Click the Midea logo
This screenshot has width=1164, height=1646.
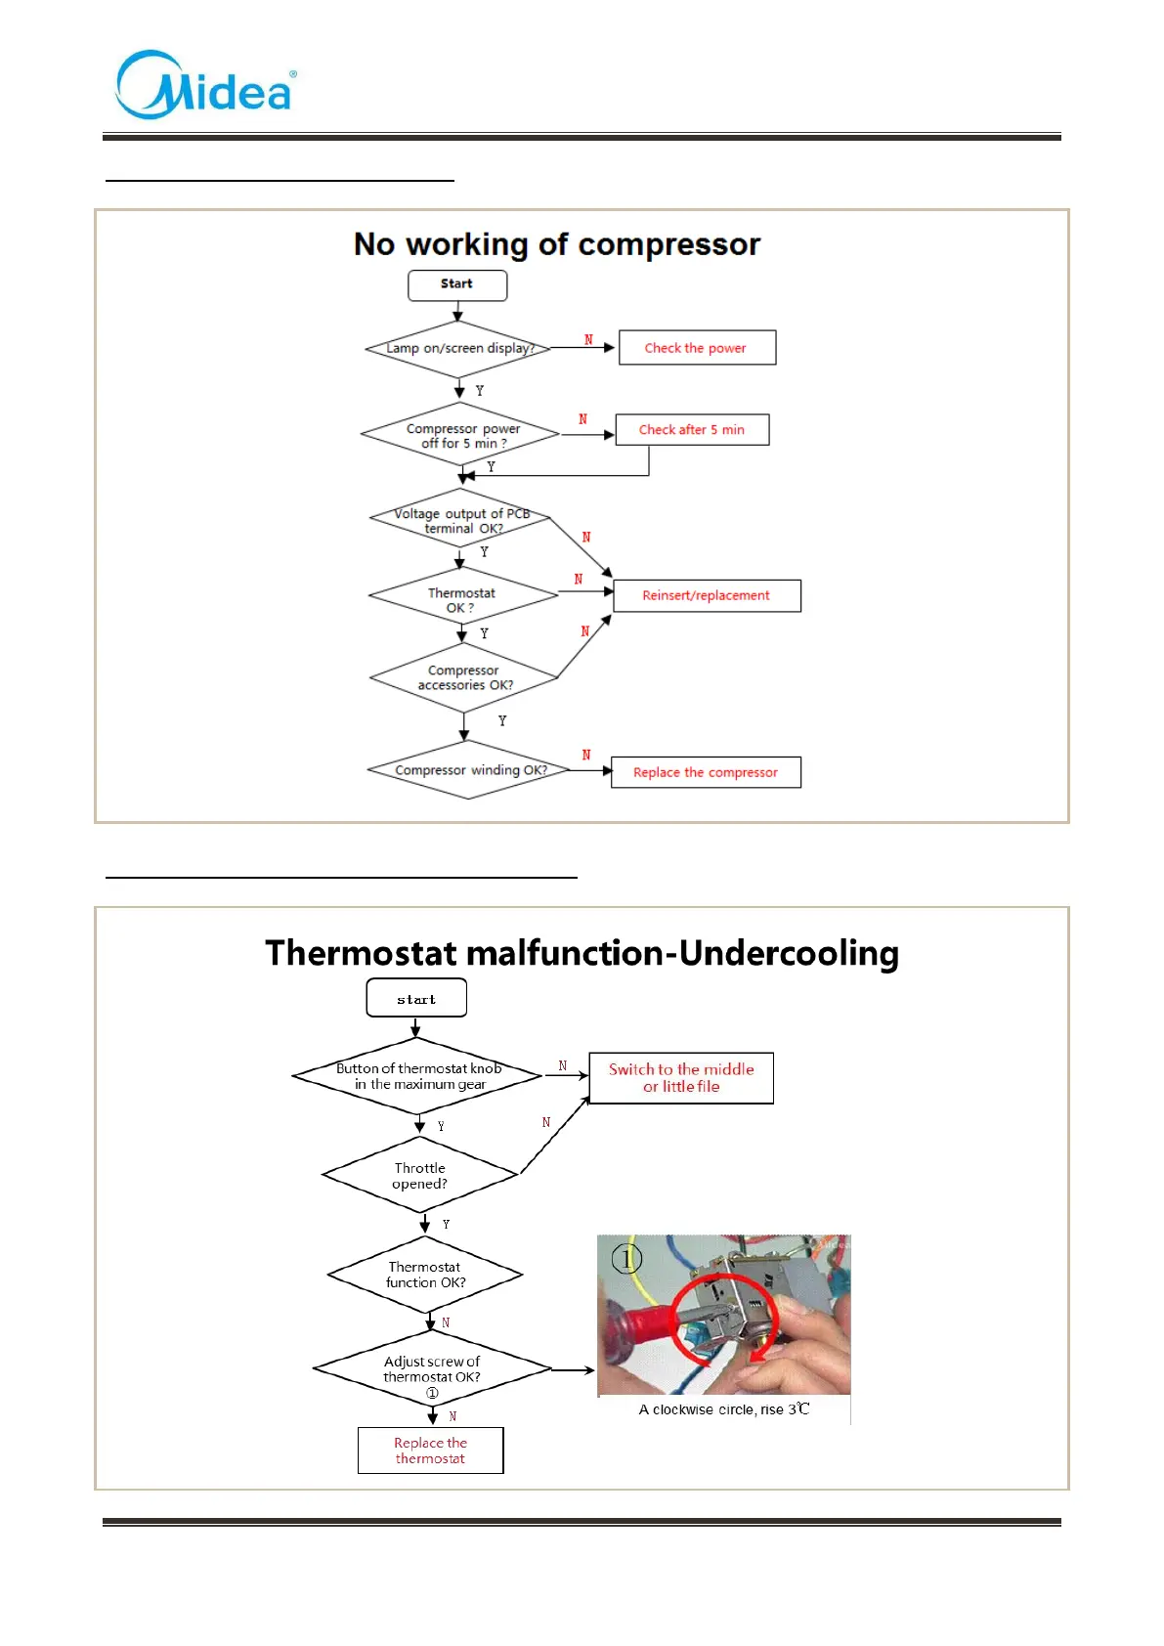(x=205, y=86)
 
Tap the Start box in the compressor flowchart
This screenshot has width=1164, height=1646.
(x=457, y=284)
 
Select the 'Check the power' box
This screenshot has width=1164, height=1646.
(x=697, y=348)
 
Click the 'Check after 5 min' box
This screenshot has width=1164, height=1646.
(x=692, y=430)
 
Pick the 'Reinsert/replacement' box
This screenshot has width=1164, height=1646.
(x=707, y=595)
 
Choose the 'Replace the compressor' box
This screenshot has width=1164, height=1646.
(x=706, y=772)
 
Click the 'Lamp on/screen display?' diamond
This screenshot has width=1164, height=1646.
(x=458, y=348)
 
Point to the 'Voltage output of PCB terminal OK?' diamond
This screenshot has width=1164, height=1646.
(x=461, y=520)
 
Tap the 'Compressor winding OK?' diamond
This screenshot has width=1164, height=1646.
(x=469, y=770)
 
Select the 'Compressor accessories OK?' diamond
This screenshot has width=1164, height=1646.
(x=464, y=677)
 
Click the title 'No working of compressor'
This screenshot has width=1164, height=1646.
(x=557, y=244)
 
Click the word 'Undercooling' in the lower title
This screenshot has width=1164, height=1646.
(x=789, y=953)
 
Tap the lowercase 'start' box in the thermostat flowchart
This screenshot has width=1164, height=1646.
(x=416, y=999)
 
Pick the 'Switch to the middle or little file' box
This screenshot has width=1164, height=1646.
(x=681, y=1078)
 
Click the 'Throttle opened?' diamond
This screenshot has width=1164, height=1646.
(x=420, y=1176)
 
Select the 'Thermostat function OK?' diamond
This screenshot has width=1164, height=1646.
(x=425, y=1275)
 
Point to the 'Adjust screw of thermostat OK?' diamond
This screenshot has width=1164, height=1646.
(x=432, y=1369)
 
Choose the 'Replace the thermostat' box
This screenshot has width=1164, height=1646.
(x=431, y=1451)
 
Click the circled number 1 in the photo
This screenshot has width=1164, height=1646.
(x=626, y=1258)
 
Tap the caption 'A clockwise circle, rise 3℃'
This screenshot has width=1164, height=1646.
(x=724, y=1409)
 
